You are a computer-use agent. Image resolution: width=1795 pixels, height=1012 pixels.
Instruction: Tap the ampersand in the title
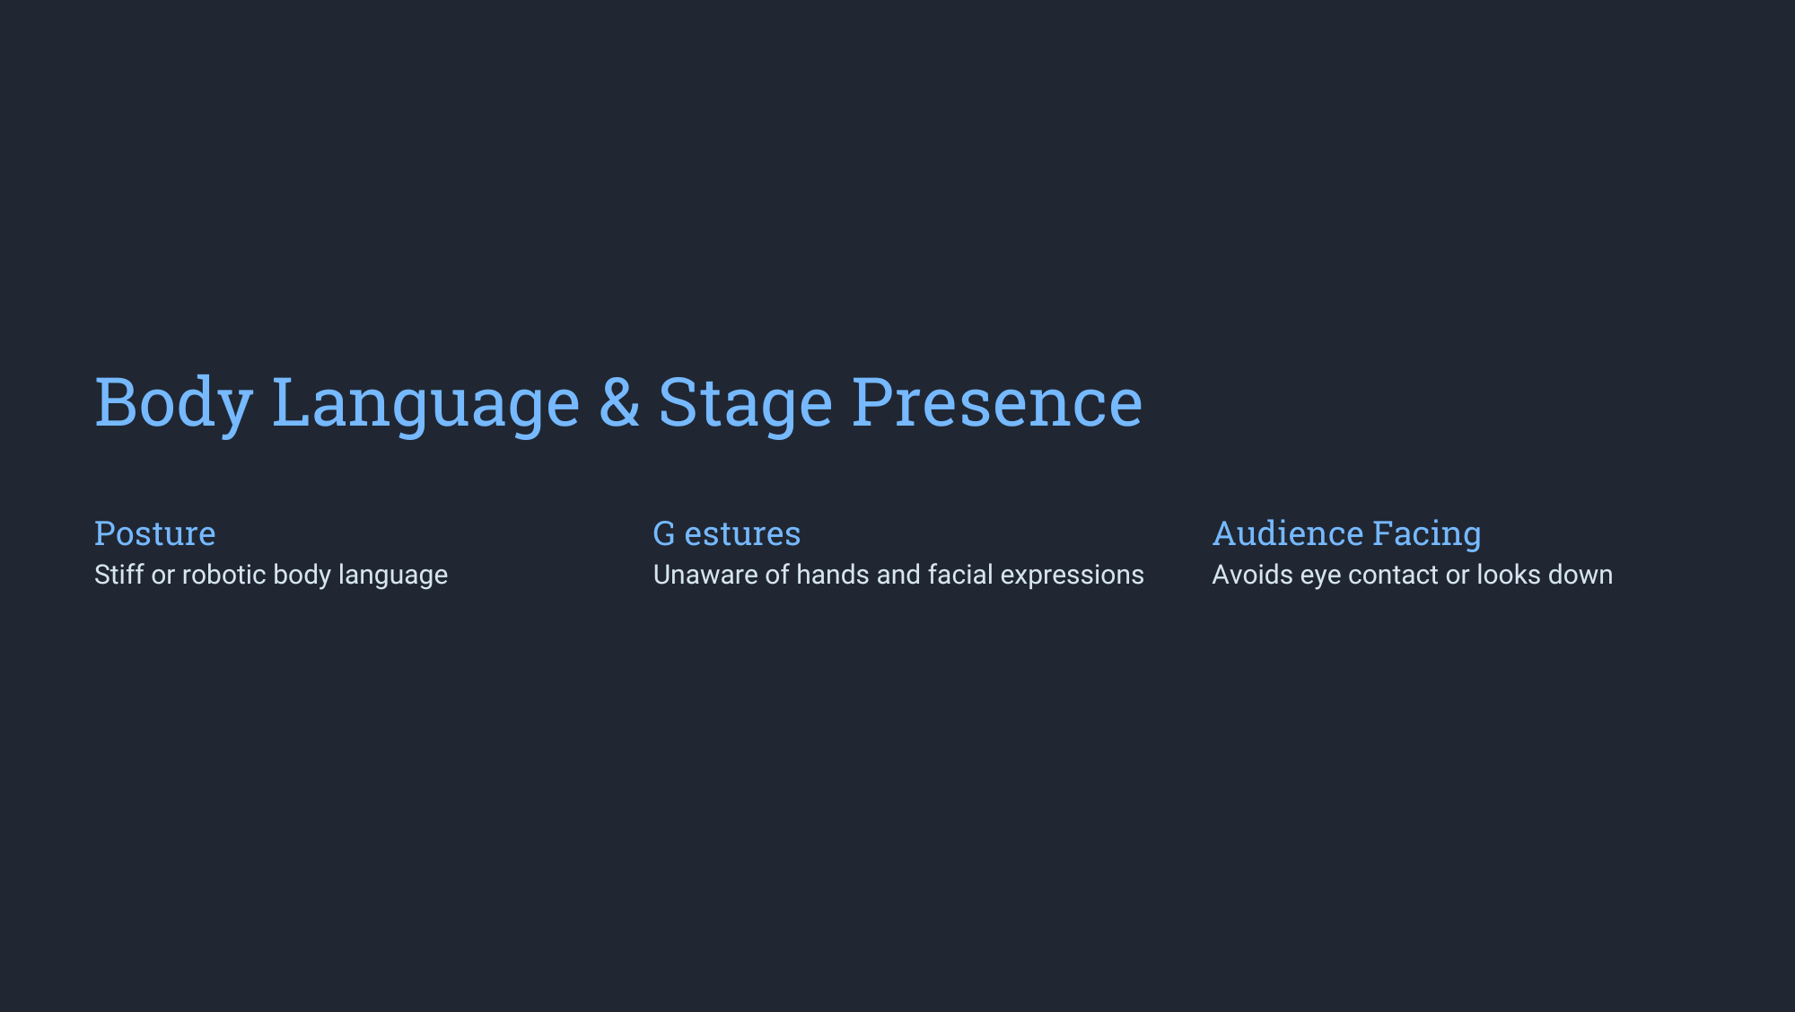619,400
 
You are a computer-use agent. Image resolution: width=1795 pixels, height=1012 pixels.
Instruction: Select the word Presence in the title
997,400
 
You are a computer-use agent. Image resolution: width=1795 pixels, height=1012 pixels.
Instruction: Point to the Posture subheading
155,533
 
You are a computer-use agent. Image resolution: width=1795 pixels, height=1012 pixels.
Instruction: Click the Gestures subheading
727,533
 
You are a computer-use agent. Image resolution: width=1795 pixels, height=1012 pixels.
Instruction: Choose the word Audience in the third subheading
1288,533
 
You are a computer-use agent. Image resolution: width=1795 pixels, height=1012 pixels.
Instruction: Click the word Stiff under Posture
118,575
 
